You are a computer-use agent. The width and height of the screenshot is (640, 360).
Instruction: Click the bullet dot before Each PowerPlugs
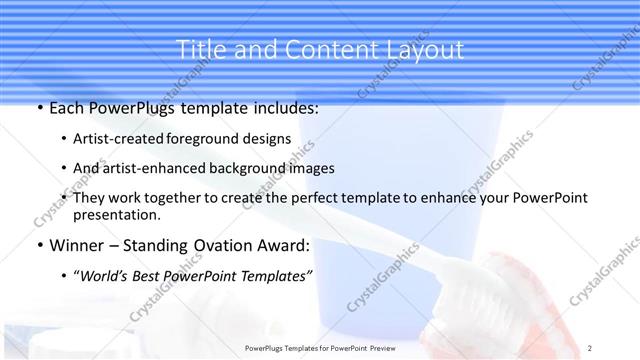[x=39, y=107]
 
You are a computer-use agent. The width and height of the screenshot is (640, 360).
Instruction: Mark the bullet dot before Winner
[x=39, y=245]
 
